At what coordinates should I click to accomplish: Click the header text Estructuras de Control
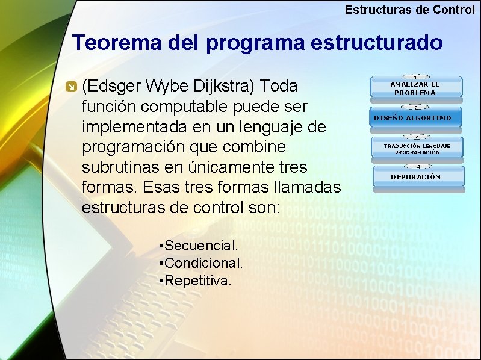coord(409,10)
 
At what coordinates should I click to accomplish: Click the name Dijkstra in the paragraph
coord(226,87)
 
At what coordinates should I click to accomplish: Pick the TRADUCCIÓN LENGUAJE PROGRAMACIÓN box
coord(417,149)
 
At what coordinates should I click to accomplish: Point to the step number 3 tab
coord(416,137)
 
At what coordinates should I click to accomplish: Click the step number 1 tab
coord(416,76)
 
